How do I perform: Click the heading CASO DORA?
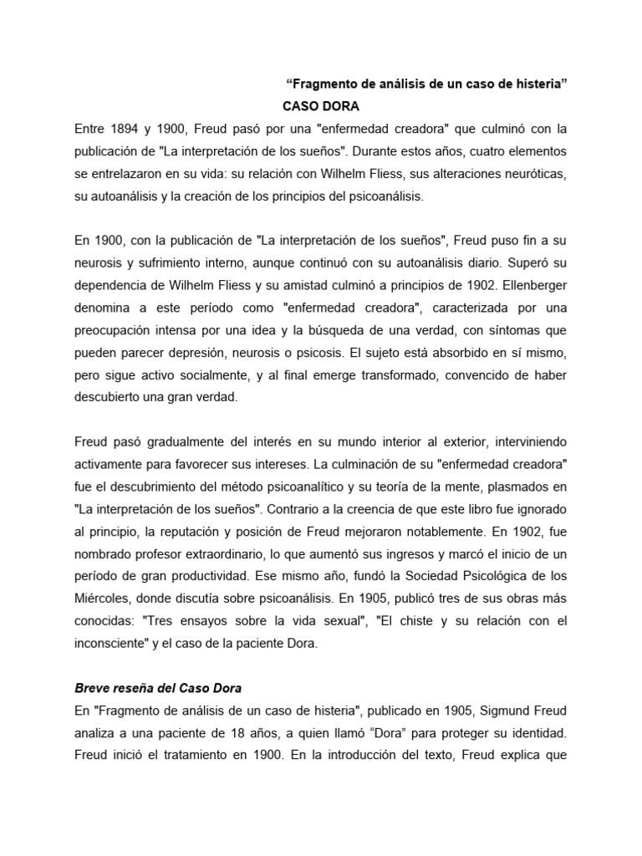click(x=321, y=107)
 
